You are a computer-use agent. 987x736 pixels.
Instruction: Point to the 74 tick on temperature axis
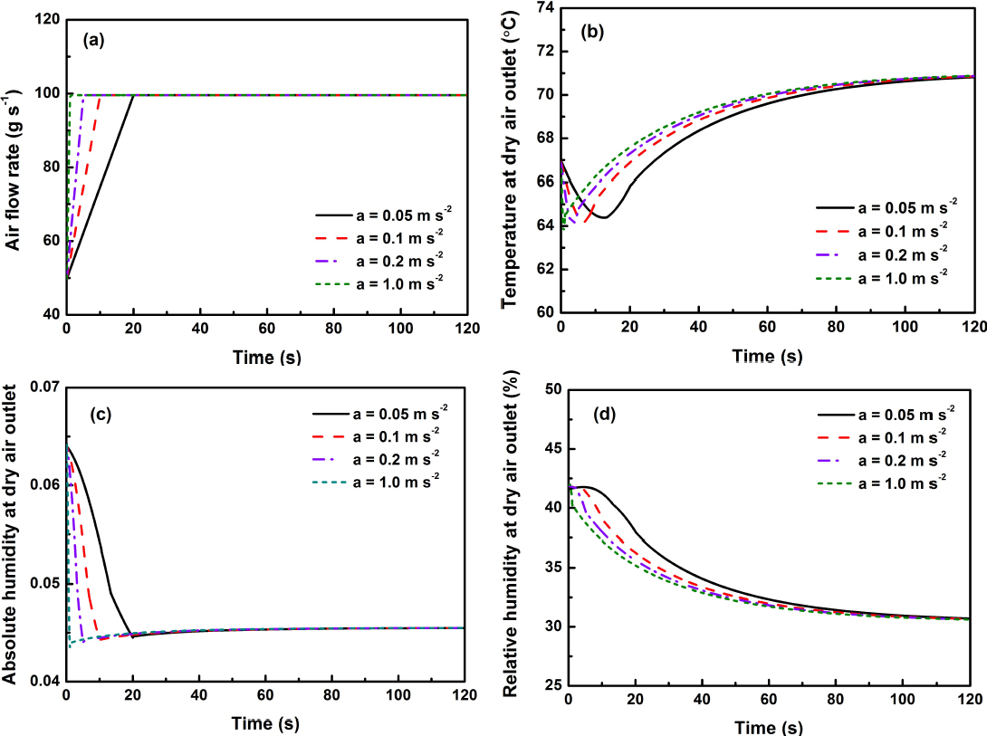pyautogui.click(x=541, y=8)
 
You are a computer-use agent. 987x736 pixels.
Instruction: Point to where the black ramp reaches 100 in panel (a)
pyautogui.click(x=133, y=95)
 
